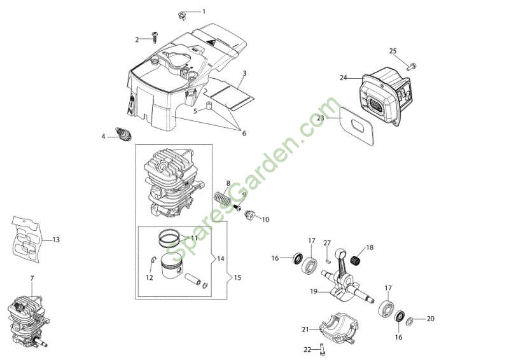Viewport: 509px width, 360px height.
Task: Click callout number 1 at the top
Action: [204, 11]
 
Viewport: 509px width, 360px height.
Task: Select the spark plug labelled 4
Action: [123, 134]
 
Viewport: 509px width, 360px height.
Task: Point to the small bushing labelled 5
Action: [209, 106]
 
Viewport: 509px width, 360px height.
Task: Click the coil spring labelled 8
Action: [223, 198]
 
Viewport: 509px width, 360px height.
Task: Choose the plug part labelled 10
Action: [249, 214]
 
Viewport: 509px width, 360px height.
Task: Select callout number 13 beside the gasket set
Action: [56, 240]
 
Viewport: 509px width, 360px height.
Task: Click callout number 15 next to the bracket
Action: [237, 278]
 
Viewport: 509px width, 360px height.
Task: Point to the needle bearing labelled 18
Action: [356, 260]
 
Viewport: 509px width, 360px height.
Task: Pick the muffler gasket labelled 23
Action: [357, 126]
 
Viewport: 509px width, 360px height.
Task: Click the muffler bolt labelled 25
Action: [411, 66]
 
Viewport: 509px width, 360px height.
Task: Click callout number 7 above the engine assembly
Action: [32, 279]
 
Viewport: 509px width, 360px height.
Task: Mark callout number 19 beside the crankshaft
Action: [313, 291]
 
